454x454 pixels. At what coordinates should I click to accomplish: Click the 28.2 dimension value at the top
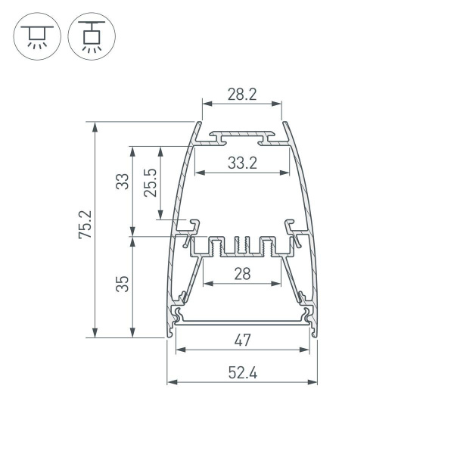point(242,95)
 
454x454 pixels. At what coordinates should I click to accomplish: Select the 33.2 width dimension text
point(242,162)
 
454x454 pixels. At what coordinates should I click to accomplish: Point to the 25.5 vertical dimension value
point(150,183)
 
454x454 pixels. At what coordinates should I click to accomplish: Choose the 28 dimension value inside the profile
point(242,274)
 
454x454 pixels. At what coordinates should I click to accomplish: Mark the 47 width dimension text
point(242,340)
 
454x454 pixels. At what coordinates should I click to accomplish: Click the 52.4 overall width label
point(242,372)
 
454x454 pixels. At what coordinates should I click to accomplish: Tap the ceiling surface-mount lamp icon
point(35,36)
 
